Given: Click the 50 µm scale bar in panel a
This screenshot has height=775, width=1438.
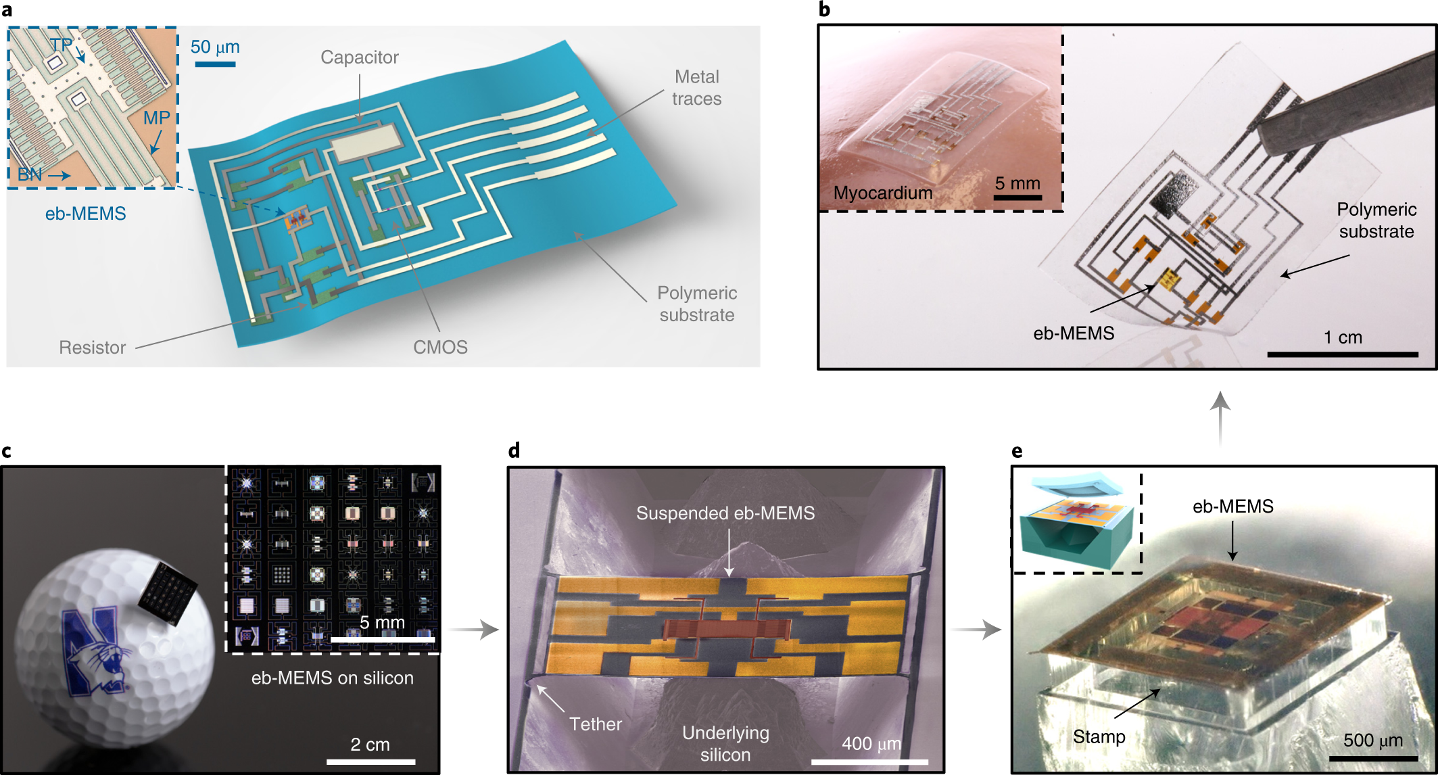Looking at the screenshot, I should coord(215,64).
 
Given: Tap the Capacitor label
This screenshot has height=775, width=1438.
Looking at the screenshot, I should coord(359,57).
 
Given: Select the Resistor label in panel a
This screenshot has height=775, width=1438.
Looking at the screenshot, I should coord(92,348).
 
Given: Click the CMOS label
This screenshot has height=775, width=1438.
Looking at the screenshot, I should coord(440,348).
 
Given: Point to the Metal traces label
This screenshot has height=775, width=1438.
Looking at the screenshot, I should coord(696,88).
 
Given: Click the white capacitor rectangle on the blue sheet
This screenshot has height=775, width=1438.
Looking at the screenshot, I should coord(365,143).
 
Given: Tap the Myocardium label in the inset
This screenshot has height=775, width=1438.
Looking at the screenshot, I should coord(882,193).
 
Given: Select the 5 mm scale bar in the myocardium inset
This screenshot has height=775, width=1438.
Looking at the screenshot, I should coord(1017,197).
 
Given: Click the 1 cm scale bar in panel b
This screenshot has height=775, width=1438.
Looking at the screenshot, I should coord(1342,354).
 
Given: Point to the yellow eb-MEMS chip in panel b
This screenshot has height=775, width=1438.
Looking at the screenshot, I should coord(1169,278).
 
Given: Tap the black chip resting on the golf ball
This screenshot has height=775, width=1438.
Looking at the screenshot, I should coord(167,592).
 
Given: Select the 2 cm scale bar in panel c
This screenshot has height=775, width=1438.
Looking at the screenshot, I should coord(370,761).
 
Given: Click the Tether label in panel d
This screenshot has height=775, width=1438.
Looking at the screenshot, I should coord(595,724).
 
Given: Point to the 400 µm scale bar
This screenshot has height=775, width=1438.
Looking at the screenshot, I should coord(869,761).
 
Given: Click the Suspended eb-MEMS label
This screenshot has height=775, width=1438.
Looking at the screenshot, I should coord(725,513).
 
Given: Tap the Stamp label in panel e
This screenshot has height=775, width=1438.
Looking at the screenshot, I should coord(1099,736).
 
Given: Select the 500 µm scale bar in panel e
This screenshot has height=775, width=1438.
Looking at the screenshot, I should coord(1372,759).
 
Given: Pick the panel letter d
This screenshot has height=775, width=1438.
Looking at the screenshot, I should coord(514,450).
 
